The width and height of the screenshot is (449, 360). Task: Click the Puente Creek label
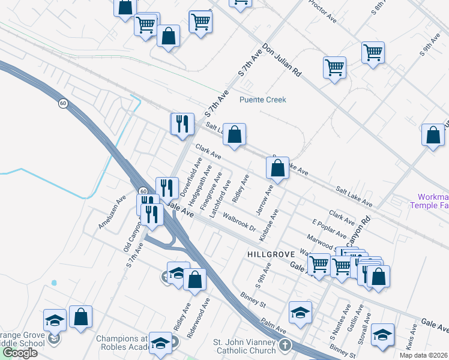[263, 100]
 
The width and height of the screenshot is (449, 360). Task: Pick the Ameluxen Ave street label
[112, 211]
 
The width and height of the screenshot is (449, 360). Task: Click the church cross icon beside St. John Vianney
[285, 346]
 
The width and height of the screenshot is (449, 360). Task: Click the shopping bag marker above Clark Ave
[235, 136]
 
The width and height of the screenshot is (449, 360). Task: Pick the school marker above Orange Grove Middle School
[55, 319]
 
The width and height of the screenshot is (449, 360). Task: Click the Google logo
[20, 353]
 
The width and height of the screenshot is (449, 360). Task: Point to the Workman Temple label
[429, 200]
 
